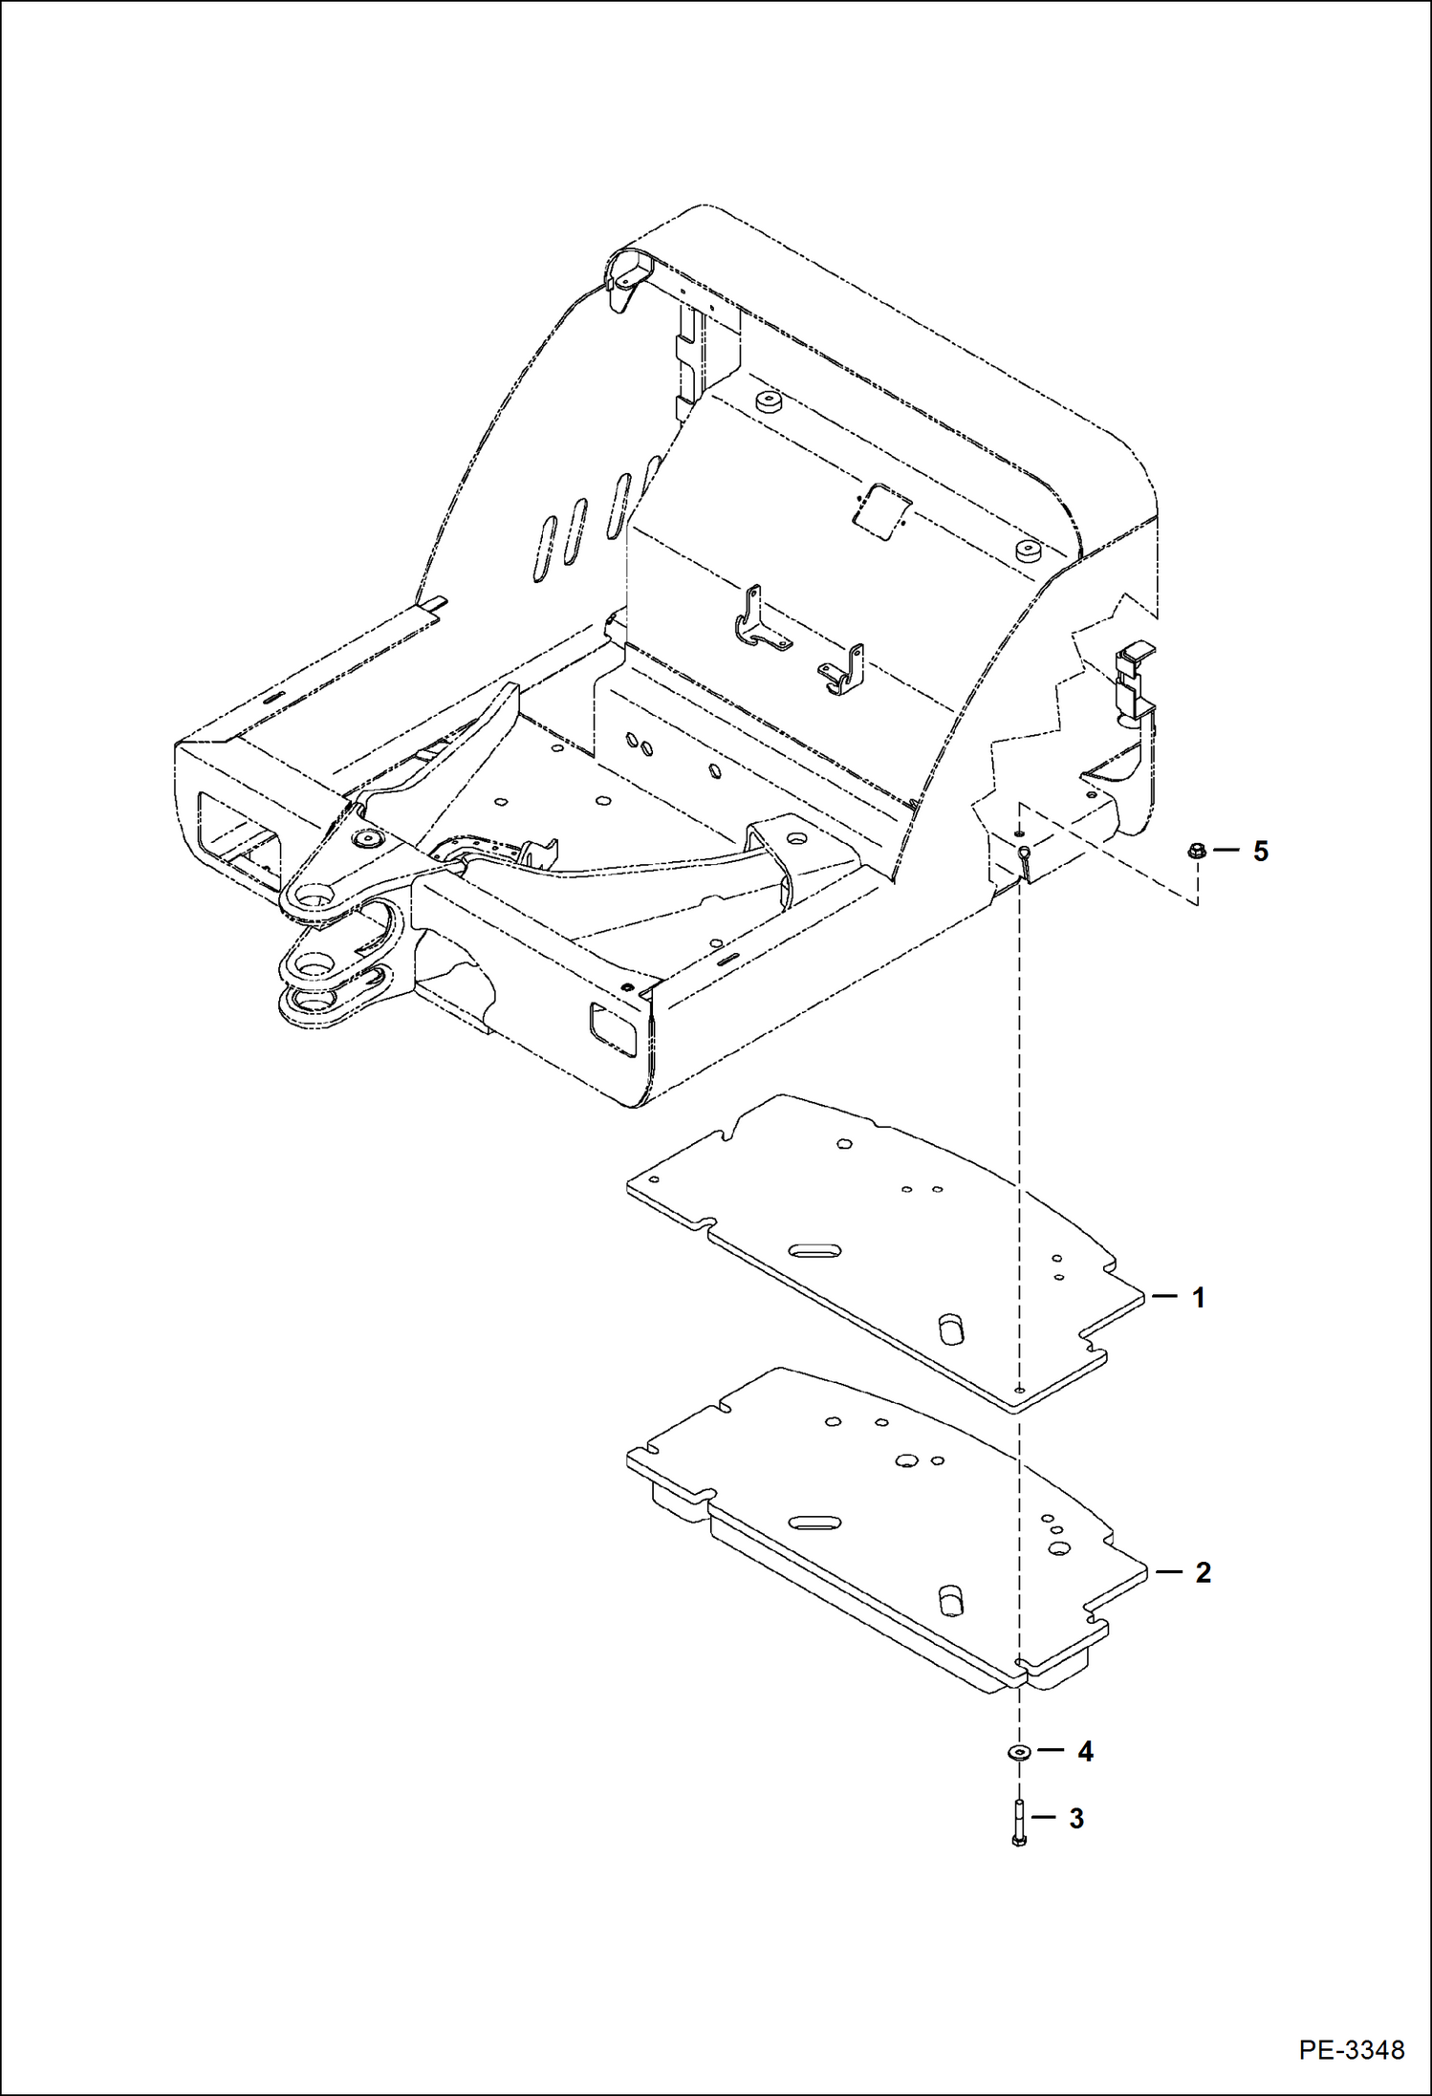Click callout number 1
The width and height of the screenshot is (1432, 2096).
(x=1198, y=1298)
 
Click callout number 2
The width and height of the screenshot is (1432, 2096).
(x=1203, y=1572)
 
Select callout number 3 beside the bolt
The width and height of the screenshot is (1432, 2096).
(x=1076, y=1819)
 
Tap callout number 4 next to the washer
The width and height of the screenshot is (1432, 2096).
(x=1085, y=1751)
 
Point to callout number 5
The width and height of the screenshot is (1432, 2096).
(x=1260, y=851)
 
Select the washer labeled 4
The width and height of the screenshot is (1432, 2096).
(x=1019, y=1752)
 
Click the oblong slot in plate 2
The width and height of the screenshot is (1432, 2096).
(x=814, y=1523)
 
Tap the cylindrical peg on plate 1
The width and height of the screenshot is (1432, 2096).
(x=951, y=1329)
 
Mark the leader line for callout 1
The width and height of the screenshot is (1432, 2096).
(x=1165, y=1297)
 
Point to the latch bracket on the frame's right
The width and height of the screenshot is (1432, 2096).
(x=1135, y=680)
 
